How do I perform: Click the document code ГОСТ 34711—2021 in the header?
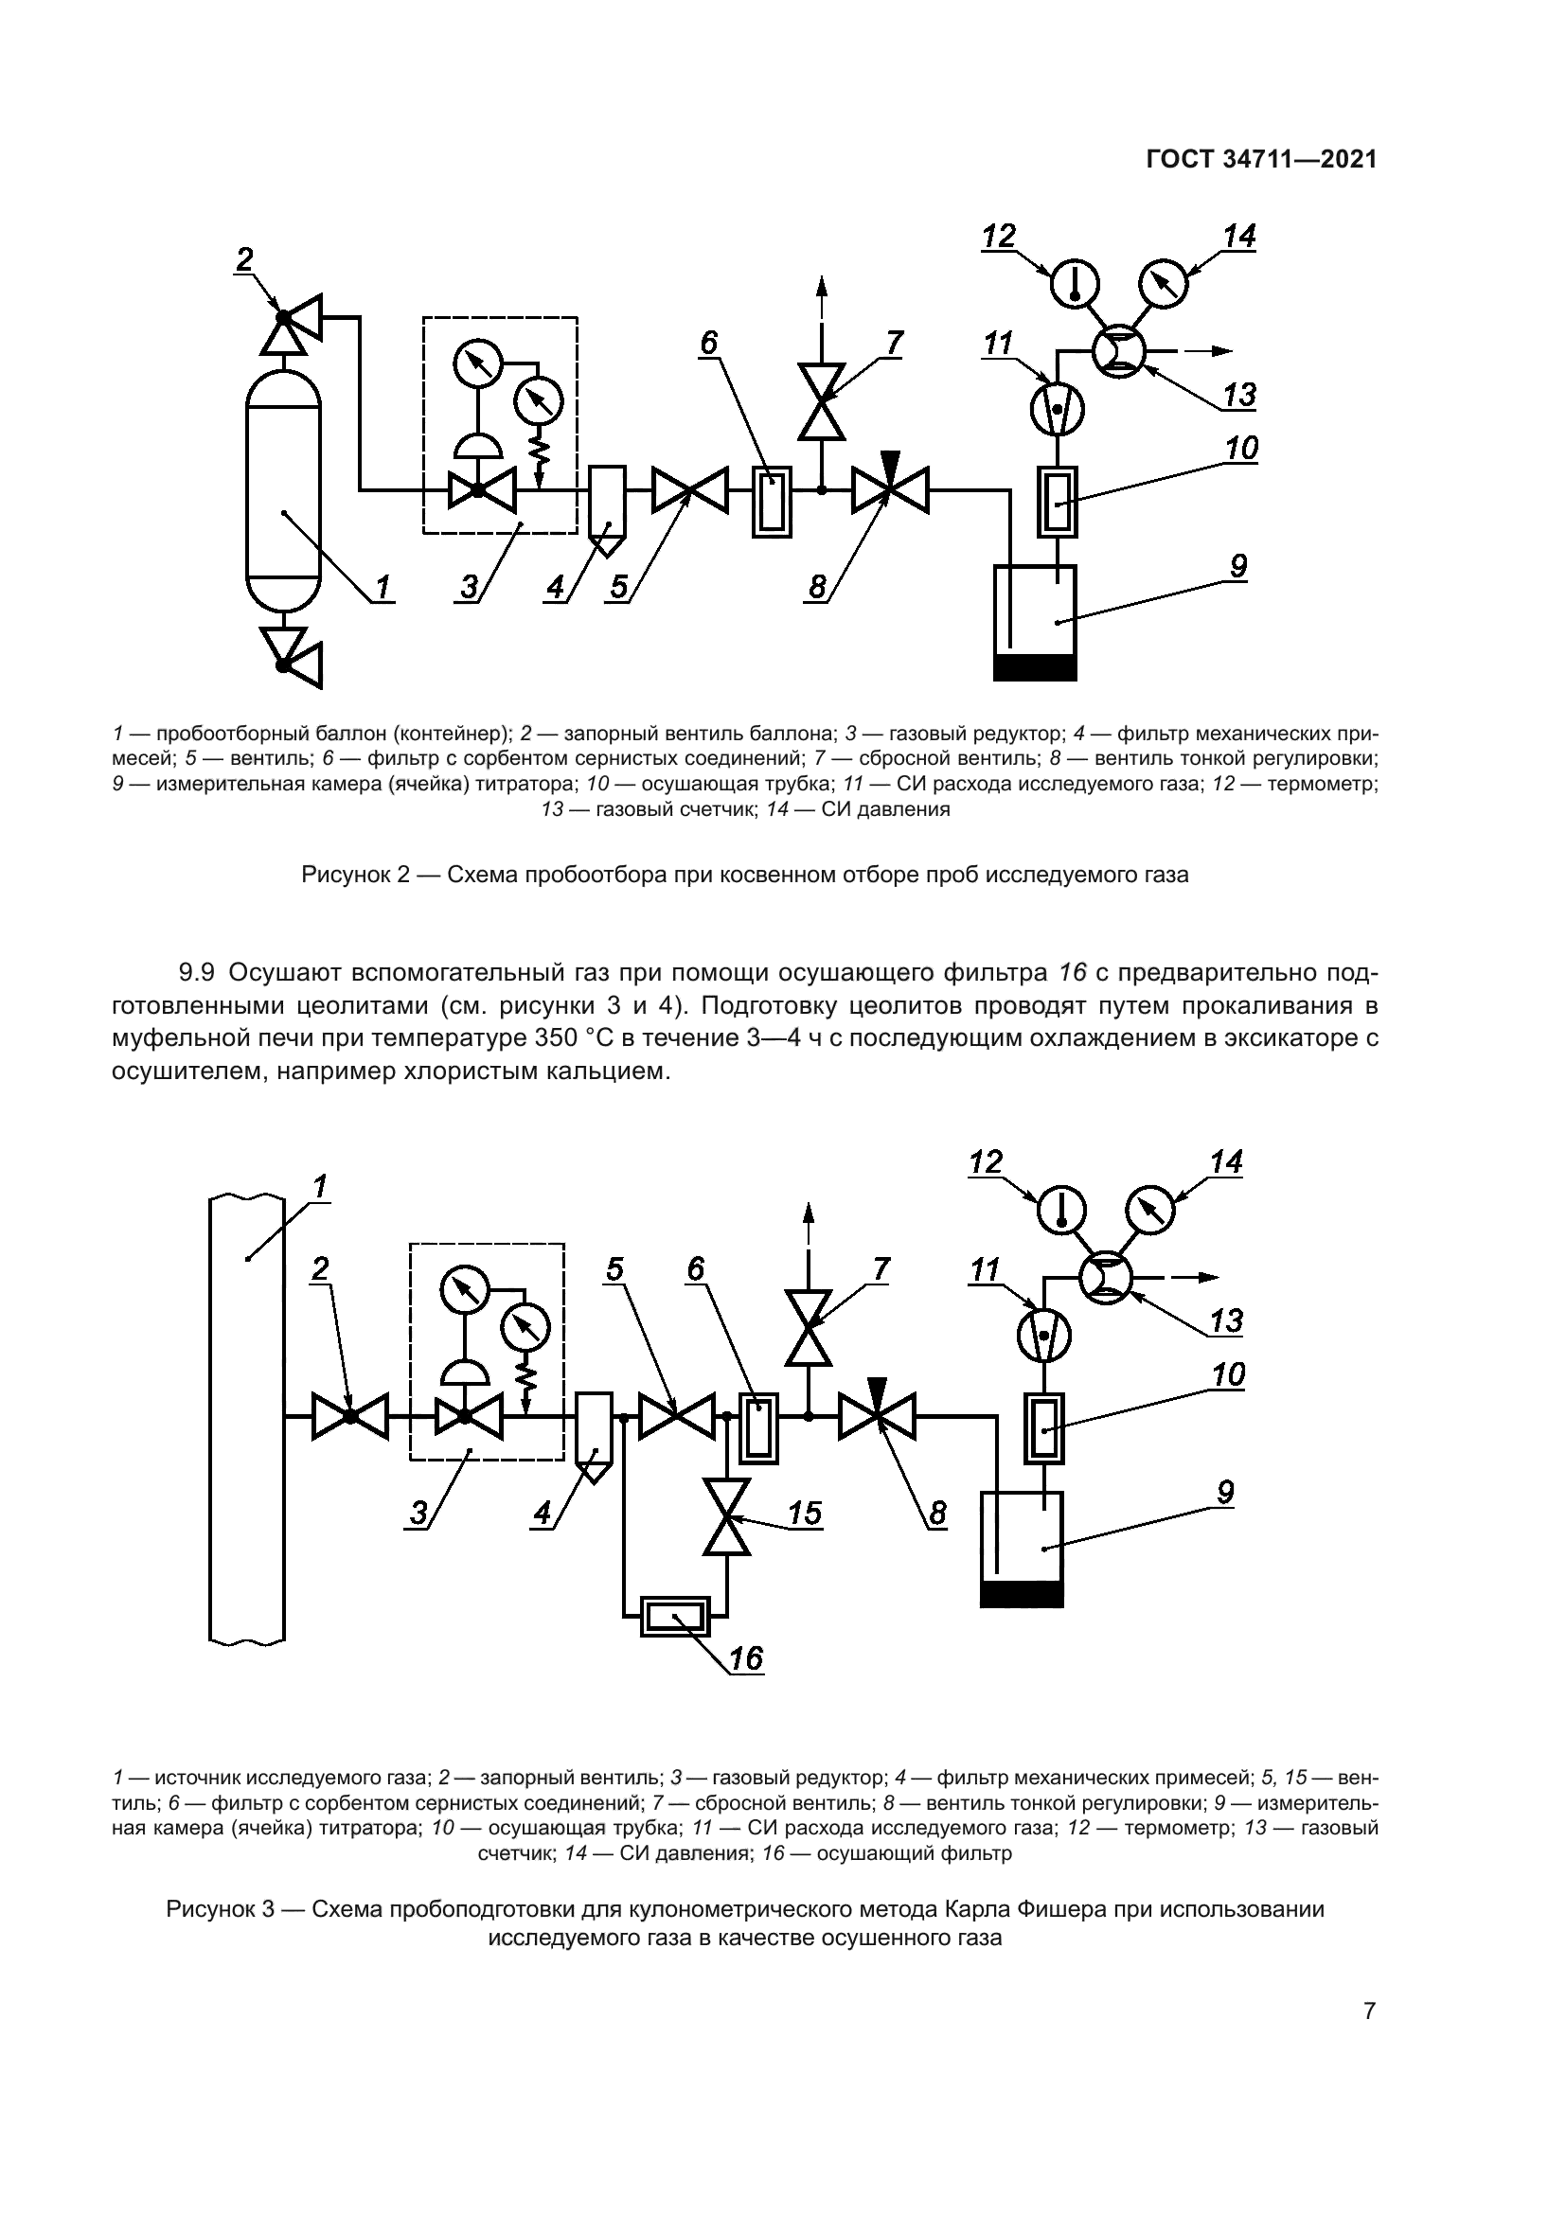(x=1260, y=159)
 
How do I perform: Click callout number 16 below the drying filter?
(x=745, y=1657)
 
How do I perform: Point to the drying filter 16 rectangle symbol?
(x=675, y=1615)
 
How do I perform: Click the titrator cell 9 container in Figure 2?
(x=1035, y=622)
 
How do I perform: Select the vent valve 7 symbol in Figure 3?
(x=808, y=1329)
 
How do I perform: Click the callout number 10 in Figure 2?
(x=1242, y=449)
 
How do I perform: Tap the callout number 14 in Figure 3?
(x=1226, y=1162)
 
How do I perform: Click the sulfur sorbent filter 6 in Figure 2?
(x=772, y=502)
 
